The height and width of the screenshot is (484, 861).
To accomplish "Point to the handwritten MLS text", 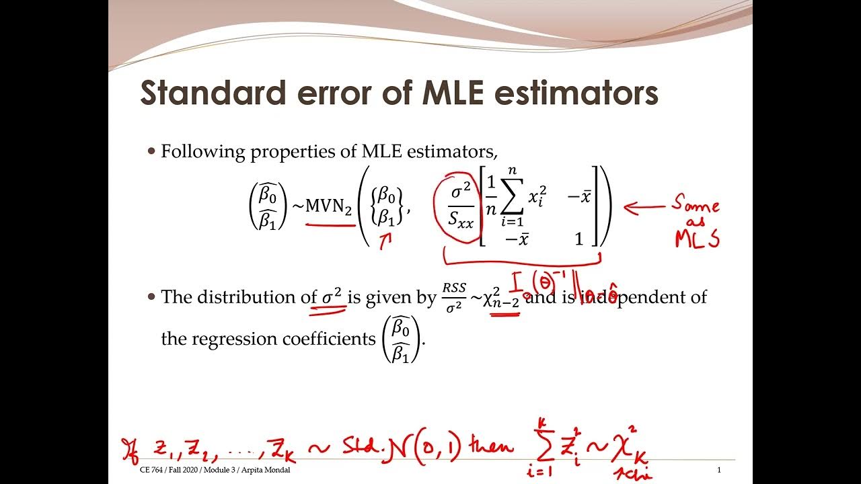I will (697, 239).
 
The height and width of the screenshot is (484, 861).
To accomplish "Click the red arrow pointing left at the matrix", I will (644, 207).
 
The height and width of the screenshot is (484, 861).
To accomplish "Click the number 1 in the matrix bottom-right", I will (578, 239).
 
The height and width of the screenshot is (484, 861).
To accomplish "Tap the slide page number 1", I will (719, 470).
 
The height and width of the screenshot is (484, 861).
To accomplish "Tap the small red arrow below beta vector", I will (385, 241).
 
